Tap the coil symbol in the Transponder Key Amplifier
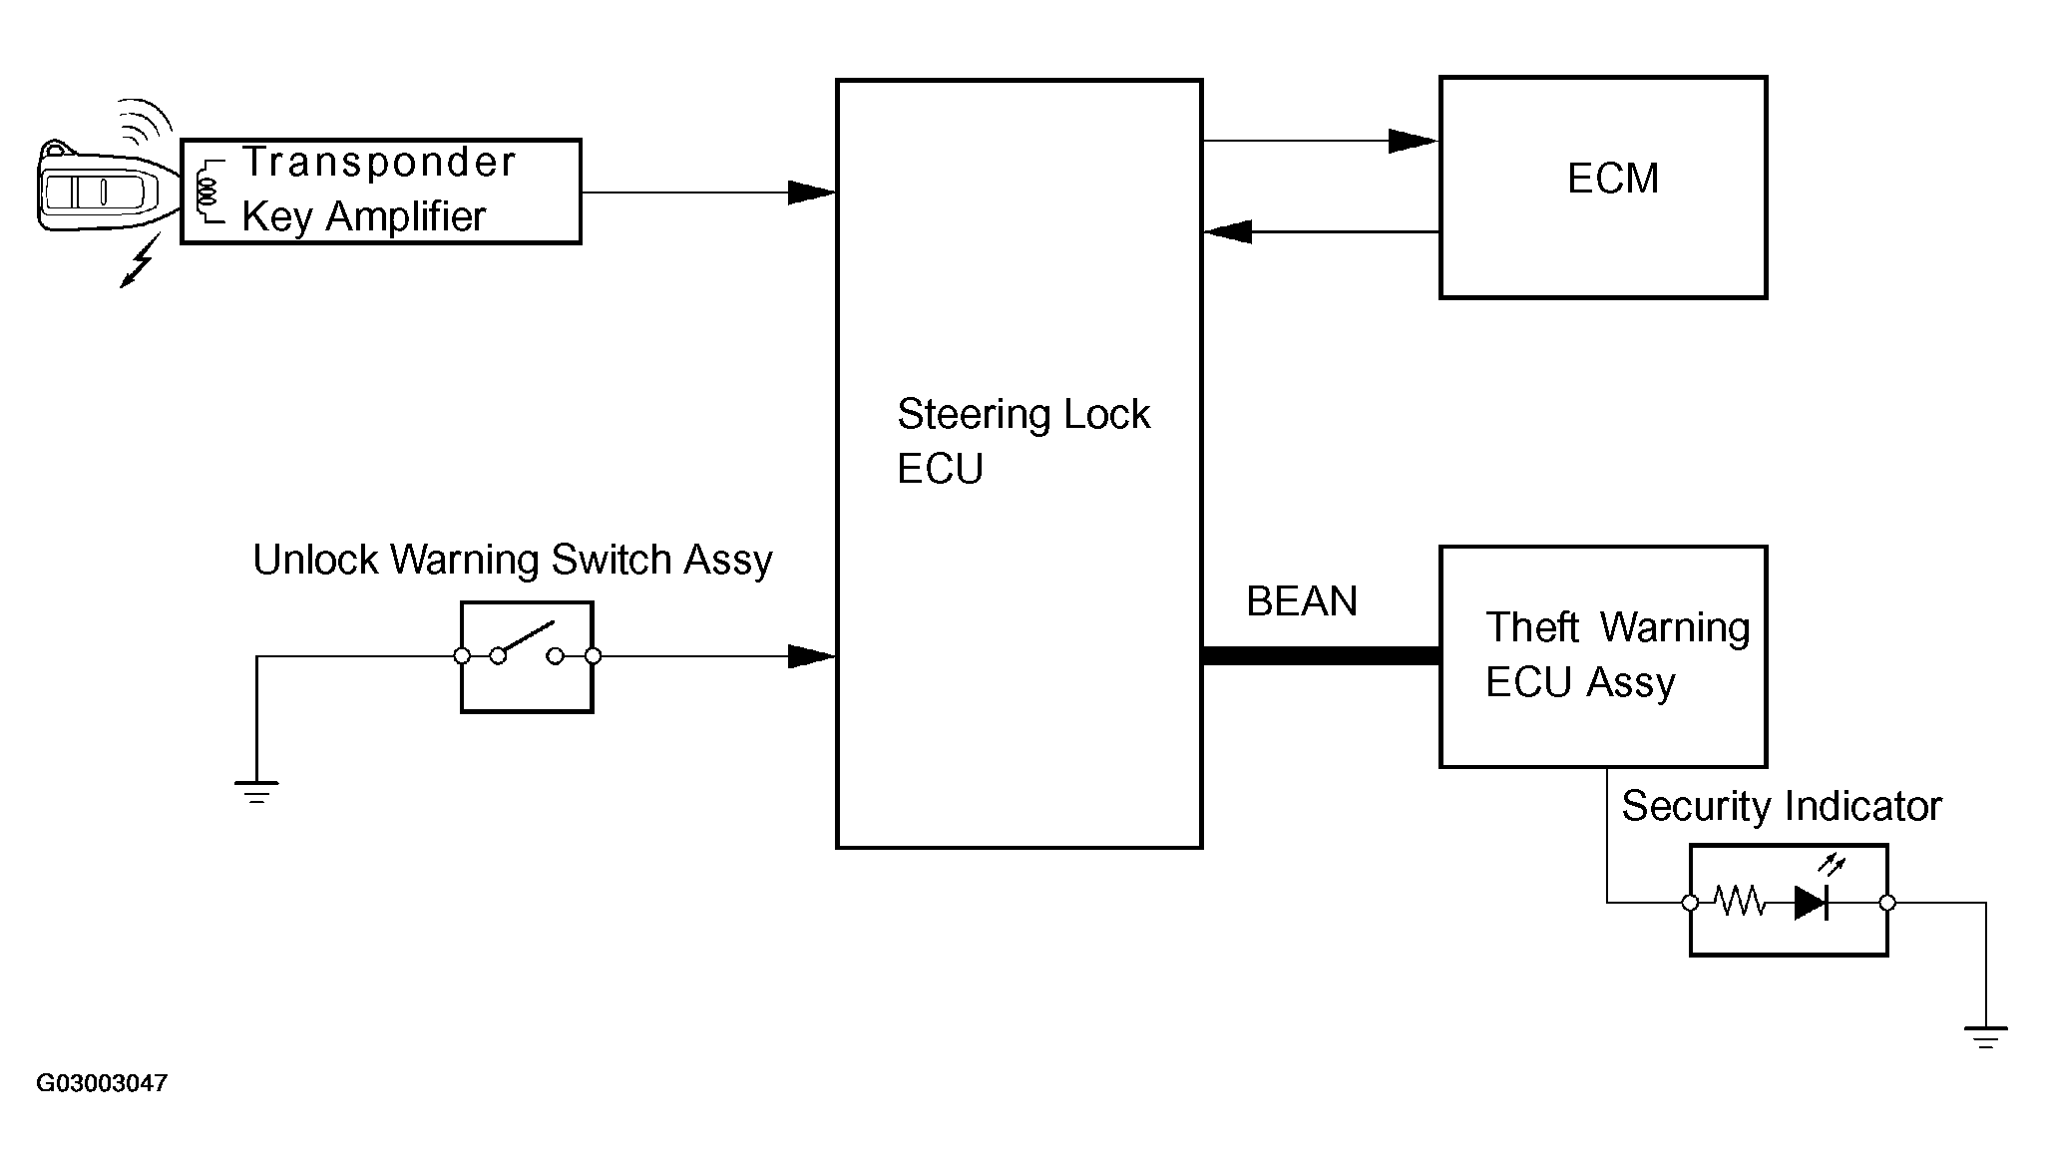coord(208,191)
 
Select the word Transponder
coord(379,162)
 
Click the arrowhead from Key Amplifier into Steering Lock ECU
coord(811,193)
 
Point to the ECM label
coord(1613,179)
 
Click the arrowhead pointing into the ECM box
coord(1414,141)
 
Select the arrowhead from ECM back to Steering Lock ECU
coord(1227,231)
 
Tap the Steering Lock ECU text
coord(1023,441)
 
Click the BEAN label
coord(1302,601)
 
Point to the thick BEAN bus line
coord(1321,655)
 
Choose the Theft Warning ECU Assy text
coord(1617,654)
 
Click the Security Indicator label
coord(1782,806)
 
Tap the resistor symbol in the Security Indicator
coord(1741,903)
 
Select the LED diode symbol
coord(1812,903)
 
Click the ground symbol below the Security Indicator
coord(1985,1037)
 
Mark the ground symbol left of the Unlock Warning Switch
coord(256,793)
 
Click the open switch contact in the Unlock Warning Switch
coord(527,643)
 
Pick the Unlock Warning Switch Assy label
coord(513,561)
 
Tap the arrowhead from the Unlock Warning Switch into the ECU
coord(811,656)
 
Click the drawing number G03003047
coord(102,1083)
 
